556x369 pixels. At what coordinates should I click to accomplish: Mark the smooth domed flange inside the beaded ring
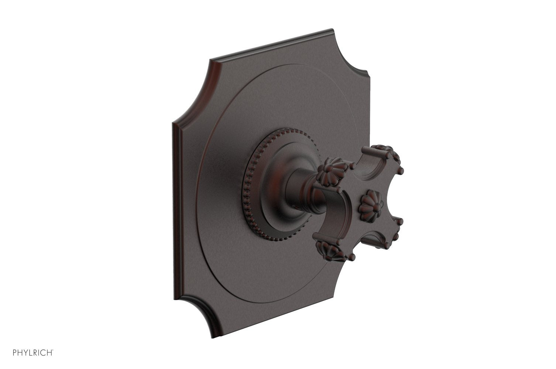(271, 184)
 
